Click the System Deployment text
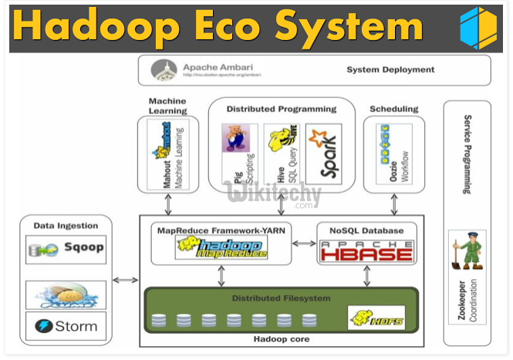point(390,69)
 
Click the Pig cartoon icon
point(235,138)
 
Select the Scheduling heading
point(393,109)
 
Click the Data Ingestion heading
point(66,225)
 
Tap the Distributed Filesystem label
point(282,298)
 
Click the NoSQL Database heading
point(366,230)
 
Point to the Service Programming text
point(467,154)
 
